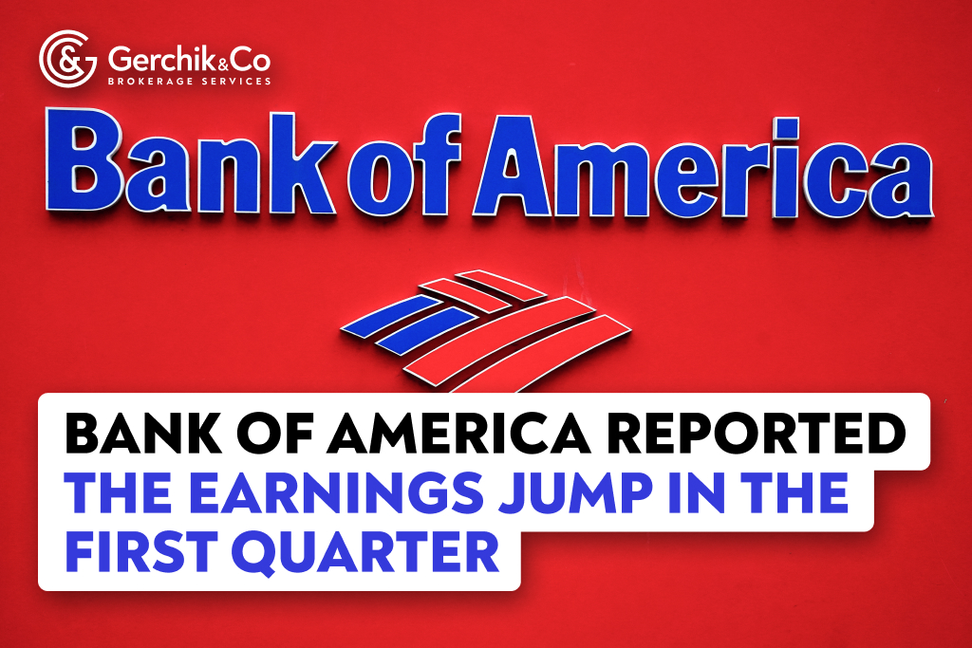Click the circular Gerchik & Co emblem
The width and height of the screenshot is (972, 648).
(x=67, y=58)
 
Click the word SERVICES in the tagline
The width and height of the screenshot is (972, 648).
(x=234, y=82)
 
